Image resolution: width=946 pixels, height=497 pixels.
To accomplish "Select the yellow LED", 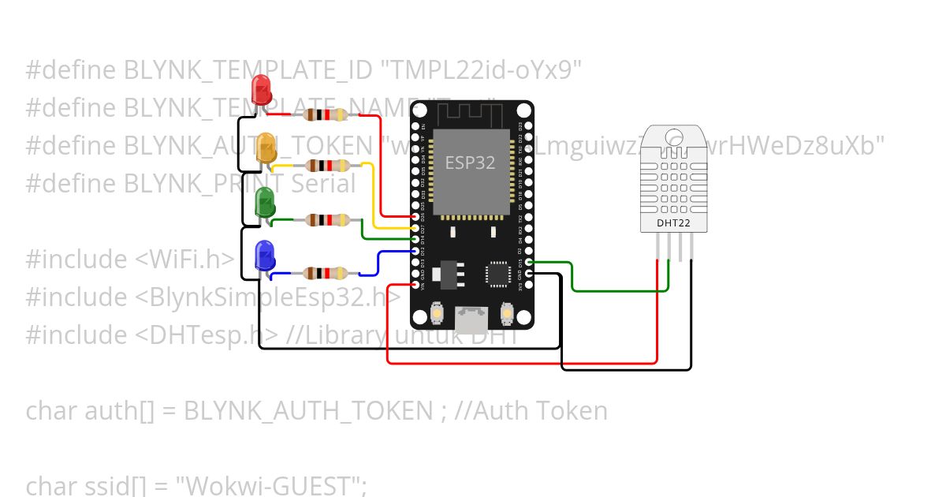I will [x=266, y=148].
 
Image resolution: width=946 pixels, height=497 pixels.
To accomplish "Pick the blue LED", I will [x=264, y=256].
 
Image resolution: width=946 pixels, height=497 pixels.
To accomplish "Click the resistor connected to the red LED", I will [x=326, y=114].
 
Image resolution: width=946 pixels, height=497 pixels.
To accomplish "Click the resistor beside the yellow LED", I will [x=328, y=166].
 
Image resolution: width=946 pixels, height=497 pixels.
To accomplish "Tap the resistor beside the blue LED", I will [x=325, y=274].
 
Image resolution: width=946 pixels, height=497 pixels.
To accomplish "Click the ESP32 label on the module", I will [x=471, y=163].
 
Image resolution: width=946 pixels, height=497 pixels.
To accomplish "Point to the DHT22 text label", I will [x=673, y=223].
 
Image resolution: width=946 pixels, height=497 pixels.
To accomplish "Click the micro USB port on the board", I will [x=472, y=319].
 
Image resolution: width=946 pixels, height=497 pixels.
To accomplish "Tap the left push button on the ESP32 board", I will [x=437, y=315].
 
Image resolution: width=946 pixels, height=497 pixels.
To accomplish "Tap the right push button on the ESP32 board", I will [x=508, y=315].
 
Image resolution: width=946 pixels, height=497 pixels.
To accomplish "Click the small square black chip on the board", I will [x=499, y=273].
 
